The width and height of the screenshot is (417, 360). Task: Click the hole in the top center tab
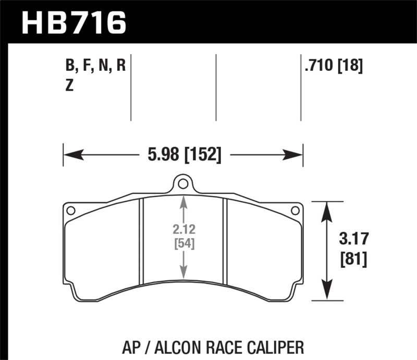182,183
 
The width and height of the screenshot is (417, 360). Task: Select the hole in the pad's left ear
71,210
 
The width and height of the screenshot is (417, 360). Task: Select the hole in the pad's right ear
295,210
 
